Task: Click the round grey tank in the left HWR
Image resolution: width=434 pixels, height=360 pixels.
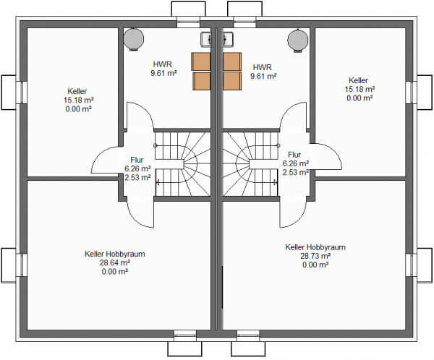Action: pyautogui.click(x=134, y=39)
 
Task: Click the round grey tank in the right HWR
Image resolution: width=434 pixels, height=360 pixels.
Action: pyautogui.click(x=298, y=39)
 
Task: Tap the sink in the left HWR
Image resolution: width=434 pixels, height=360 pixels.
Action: pyautogui.click(x=206, y=38)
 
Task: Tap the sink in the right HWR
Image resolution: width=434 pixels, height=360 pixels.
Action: pyautogui.click(x=228, y=38)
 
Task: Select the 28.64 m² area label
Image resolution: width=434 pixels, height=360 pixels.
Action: pyautogui.click(x=115, y=262)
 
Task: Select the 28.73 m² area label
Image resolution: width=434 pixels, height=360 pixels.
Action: pyautogui.click(x=315, y=256)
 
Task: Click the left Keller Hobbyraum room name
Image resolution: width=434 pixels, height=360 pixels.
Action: pyautogui.click(x=115, y=254)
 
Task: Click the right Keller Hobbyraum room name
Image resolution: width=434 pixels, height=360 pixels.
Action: pyautogui.click(x=315, y=247)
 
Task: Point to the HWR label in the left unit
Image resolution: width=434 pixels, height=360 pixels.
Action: pyautogui.click(x=163, y=64)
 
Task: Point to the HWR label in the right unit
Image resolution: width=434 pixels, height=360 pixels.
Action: pyautogui.click(x=263, y=67)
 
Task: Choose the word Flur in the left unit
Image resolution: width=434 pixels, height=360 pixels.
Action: pyautogui.click(x=137, y=160)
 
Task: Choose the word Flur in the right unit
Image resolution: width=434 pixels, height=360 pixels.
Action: pyautogui.click(x=294, y=155)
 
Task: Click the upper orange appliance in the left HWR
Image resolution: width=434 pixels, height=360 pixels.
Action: pyautogui.click(x=201, y=61)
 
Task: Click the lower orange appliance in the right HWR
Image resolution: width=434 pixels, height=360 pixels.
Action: pyautogui.click(x=232, y=81)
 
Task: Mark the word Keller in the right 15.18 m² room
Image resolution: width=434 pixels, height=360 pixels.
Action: pyautogui.click(x=359, y=80)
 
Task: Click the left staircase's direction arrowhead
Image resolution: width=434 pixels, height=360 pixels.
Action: pyautogui.click(x=158, y=182)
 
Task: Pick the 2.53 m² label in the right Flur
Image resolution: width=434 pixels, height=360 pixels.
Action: pyautogui.click(x=296, y=172)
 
